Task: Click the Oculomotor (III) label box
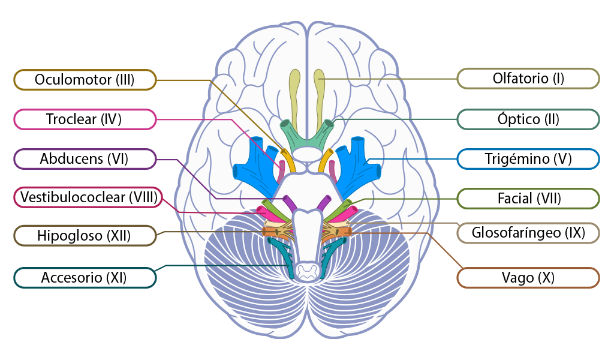(x=85, y=79)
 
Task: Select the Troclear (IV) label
(x=85, y=119)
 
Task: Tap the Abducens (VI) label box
(x=85, y=159)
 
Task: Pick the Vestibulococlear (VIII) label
(x=88, y=197)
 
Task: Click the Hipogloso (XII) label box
(x=85, y=235)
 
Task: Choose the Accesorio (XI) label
(x=85, y=278)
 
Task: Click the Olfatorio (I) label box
(x=528, y=78)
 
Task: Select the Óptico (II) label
(x=528, y=119)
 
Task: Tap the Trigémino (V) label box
(x=528, y=159)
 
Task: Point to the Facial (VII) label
(x=528, y=198)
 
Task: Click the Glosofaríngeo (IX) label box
(x=528, y=232)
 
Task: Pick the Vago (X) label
(x=528, y=278)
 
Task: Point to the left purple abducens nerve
(x=289, y=203)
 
